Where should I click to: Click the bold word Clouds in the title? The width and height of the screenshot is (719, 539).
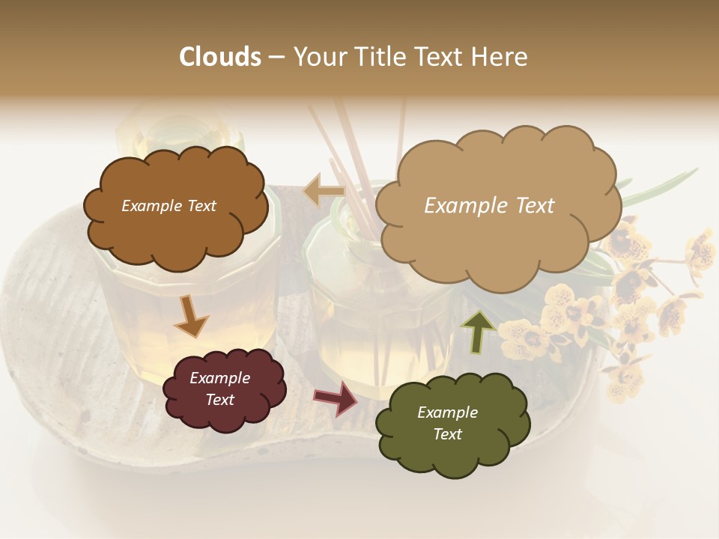[x=220, y=57]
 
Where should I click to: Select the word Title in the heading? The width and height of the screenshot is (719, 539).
[x=377, y=57]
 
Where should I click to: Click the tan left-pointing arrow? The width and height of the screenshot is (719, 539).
[x=323, y=192]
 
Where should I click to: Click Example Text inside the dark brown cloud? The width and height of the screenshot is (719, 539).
[x=169, y=206]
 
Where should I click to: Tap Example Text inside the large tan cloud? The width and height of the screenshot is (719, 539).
[x=489, y=205]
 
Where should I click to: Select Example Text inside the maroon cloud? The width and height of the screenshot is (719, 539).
[x=219, y=389]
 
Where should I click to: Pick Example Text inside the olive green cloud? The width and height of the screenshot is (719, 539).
[x=447, y=424]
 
